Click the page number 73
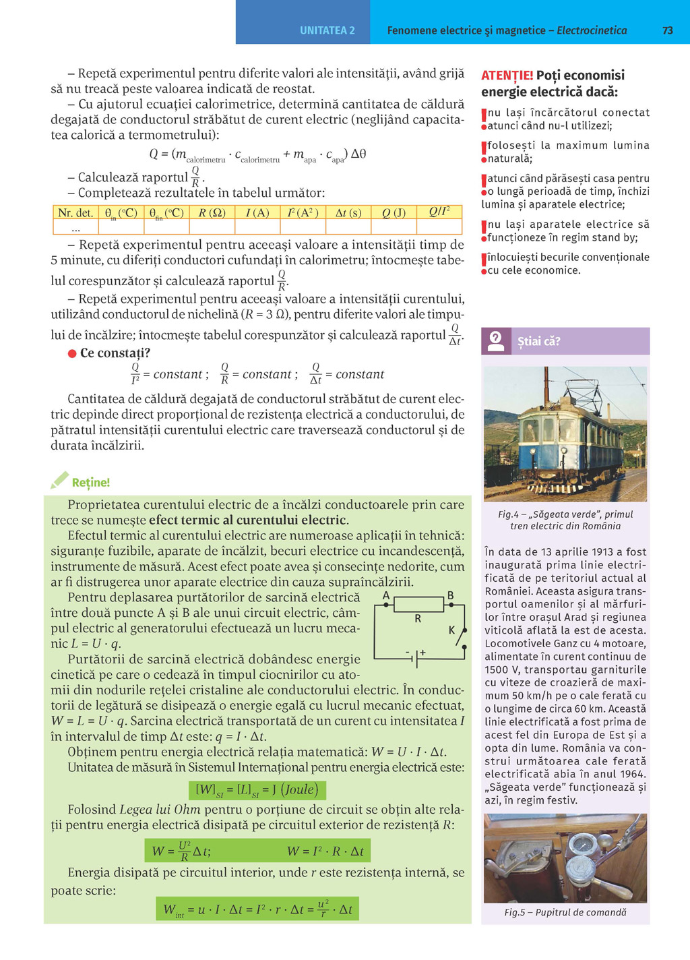[668, 30]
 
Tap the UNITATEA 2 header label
[327, 30]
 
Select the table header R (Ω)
[212, 213]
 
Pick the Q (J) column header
[394, 213]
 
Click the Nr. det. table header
[75, 213]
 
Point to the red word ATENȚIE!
[507, 76]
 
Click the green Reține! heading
[91, 483]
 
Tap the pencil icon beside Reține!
[60, 480]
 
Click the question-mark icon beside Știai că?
[496, 341]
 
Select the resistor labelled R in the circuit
[418, 605]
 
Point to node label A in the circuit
[386, 596]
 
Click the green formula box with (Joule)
[257, 790]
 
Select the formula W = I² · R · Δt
[325, 851]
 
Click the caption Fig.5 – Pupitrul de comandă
[565, 912]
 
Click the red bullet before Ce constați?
[72, 353]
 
